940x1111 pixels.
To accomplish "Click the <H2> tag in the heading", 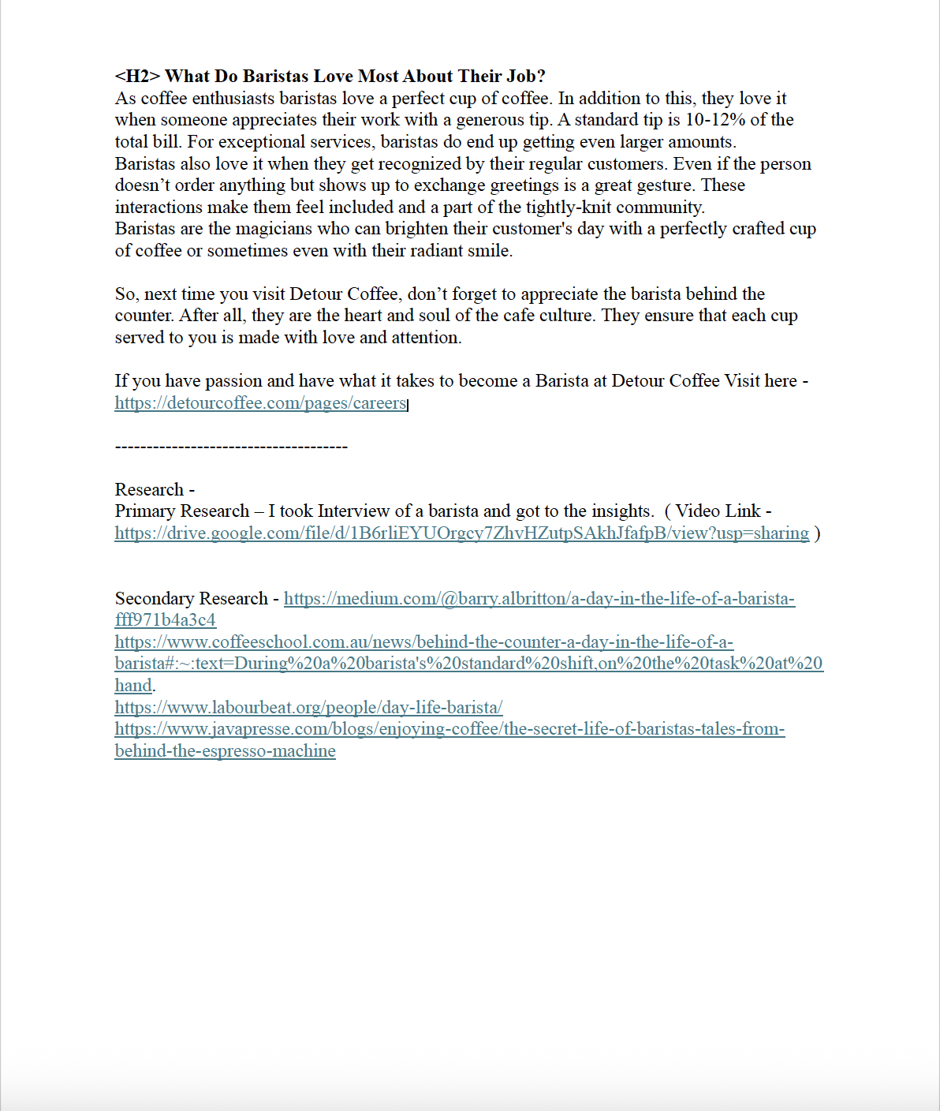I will coord(137,77).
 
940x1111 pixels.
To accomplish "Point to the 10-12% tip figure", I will coord(715,120).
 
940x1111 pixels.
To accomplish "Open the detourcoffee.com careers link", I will coord(260,403).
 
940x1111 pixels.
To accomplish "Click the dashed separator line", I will coord(231,447).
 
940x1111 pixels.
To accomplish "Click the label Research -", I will coord(155,490).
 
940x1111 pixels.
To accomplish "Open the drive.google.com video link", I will coord(461,533).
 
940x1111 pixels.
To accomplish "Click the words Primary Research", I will coord(181,511).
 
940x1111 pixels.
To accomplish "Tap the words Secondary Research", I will coord(192,599).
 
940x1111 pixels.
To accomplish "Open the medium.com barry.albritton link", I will coord(539,599).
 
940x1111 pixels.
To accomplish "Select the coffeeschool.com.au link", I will coord(423,642).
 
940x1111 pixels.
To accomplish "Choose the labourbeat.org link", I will coord(308,708).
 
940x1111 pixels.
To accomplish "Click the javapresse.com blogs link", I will coord(449,729).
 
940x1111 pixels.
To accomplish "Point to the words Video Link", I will coord(718,511).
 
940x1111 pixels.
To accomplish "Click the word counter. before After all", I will coord(144,316).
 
